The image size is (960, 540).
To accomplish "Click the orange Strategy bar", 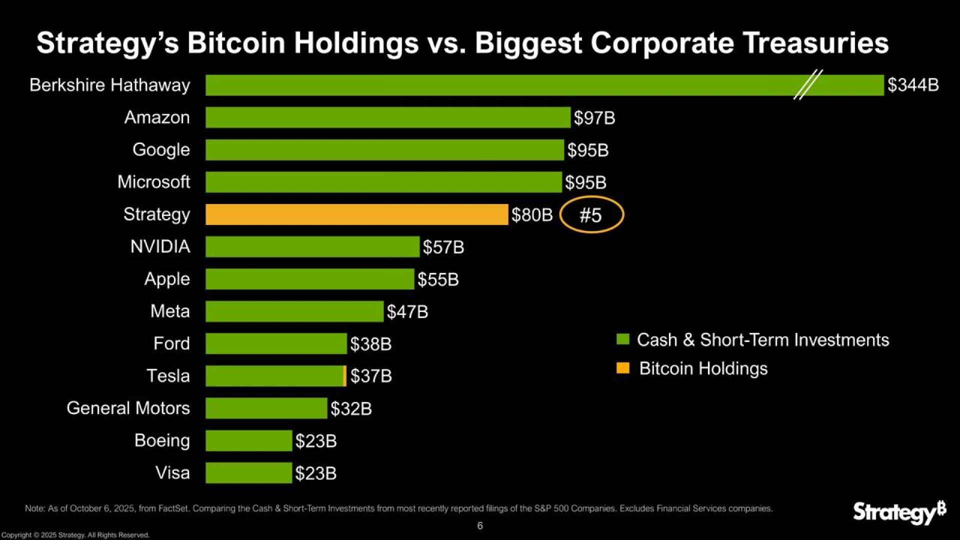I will [x=356, y=214].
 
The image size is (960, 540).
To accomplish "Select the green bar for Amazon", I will [x=387, y=117].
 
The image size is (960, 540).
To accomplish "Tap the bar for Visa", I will [x=248, y=473].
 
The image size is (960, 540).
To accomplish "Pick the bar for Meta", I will [x=294, y=311].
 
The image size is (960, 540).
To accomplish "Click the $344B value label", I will [x=913, y=85].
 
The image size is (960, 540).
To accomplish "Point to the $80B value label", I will [x=531, y=215].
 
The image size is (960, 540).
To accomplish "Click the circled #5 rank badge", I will [x=591, y=215].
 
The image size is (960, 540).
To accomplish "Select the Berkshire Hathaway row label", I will [x=109, y=85].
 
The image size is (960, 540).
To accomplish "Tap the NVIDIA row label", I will [x=160, y=246].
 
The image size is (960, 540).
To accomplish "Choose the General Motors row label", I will [x=128, y=408].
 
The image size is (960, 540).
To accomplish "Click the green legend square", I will [x=622, y=339].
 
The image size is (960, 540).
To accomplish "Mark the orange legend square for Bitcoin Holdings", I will [x=622, y=368].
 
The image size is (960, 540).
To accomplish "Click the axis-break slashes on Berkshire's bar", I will [x=807, y=84].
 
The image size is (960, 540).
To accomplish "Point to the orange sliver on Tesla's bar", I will [x=344, y=376].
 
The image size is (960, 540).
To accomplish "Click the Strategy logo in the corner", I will [x=899, y=512].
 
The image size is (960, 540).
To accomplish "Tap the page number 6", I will [x=480, y=525].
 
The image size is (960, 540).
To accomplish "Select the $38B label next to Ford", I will [x=370, y=344].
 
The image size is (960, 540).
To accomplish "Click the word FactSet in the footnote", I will [x=173, y=508].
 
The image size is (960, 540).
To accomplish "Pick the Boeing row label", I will [x=162, y=441].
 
